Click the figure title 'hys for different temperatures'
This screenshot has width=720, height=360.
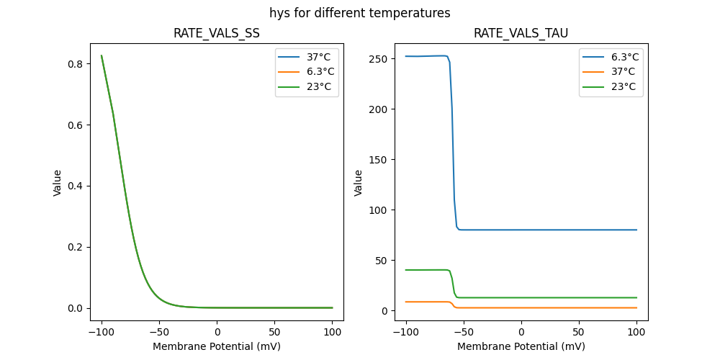tap(360, 13)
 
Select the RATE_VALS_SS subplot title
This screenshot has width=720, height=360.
tap(217, 33)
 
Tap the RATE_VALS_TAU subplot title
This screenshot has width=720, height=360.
tap(521, 33)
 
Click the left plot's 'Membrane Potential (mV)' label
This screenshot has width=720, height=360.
tap(217, 346)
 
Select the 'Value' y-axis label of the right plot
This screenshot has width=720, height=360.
tap(358, 183)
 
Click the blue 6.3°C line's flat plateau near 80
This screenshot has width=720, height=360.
tap(547, 230)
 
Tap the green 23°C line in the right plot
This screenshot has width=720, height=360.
tap(547, 297)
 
